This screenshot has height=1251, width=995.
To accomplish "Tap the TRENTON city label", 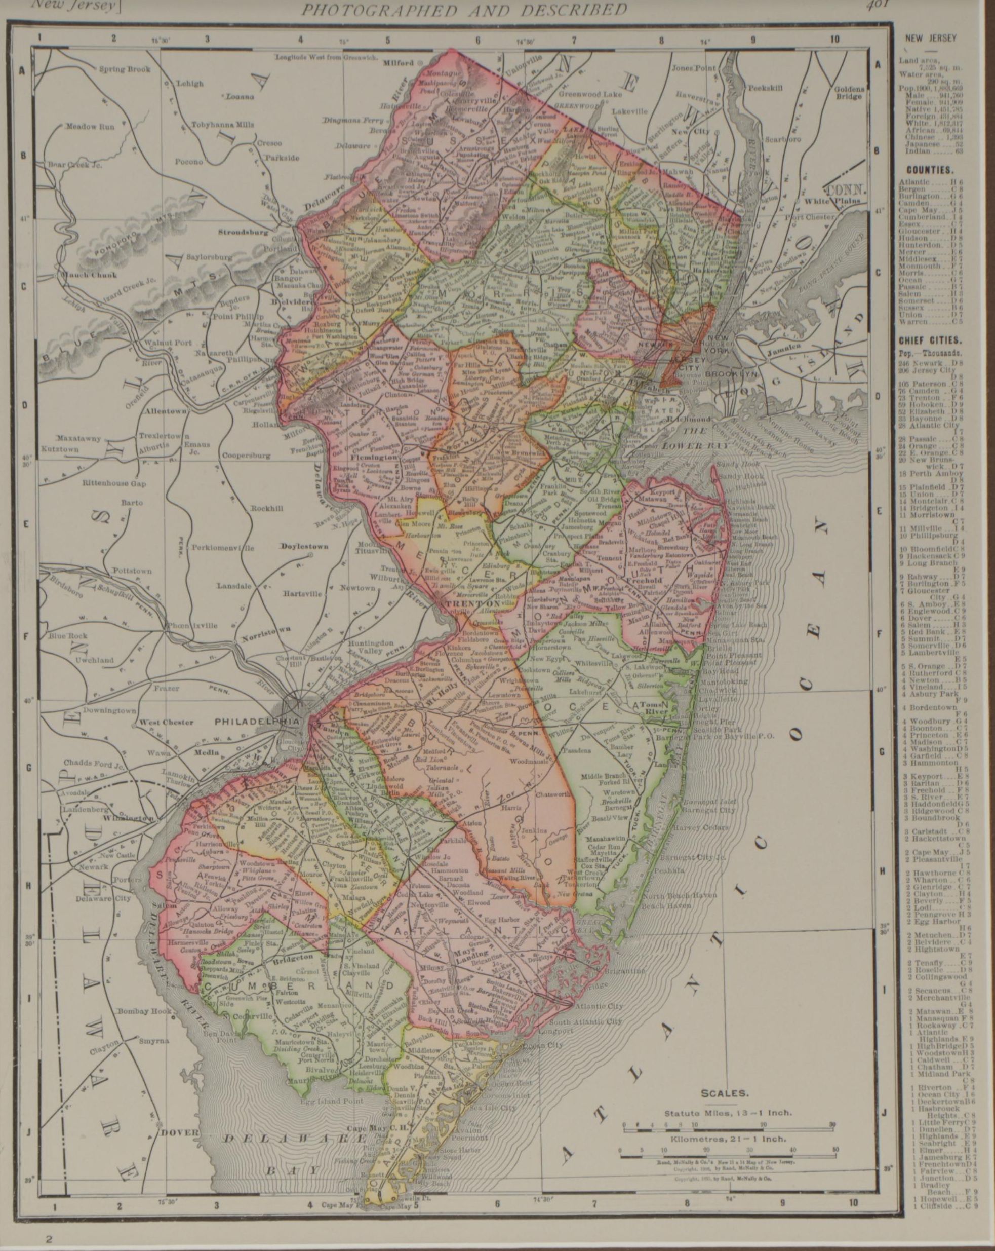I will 464,604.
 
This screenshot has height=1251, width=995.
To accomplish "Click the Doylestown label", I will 303,547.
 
